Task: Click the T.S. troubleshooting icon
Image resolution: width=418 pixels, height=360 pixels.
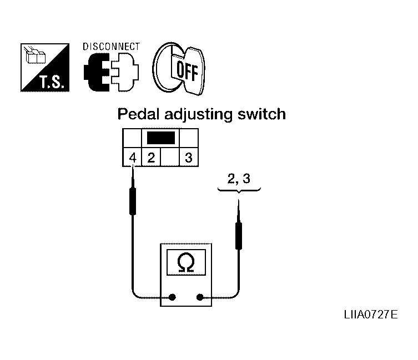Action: (45, 68)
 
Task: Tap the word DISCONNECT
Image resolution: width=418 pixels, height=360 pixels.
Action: (111, 47)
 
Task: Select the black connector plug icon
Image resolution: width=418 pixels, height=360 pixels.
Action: (97, 72)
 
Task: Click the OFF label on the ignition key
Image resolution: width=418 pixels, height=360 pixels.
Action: (188, 71)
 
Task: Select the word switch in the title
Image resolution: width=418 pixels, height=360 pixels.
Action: (261, 114)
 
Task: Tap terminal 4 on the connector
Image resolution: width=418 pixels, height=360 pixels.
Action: (133, 158)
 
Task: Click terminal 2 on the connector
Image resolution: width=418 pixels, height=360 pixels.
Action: (151, 158)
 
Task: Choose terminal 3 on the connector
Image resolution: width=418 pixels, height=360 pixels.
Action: (189, 158)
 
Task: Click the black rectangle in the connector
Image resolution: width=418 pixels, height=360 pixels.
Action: (161, 138)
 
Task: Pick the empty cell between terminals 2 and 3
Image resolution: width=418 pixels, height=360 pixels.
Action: (170, 158)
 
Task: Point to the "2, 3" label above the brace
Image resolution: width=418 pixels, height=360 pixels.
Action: (239, 179)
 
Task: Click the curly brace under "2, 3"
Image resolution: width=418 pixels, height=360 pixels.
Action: (239, 190)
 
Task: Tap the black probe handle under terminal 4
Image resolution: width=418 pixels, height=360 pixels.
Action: (133, 201)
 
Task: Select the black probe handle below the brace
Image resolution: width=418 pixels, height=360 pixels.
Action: (239, 236)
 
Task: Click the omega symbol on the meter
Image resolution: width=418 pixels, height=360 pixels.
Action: (186, 262)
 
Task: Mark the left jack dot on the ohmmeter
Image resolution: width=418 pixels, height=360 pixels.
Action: (173, 297)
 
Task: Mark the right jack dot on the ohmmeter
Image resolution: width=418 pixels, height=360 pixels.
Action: (200, 297)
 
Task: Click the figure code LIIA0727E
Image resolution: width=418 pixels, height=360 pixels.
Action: (371, 315)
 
